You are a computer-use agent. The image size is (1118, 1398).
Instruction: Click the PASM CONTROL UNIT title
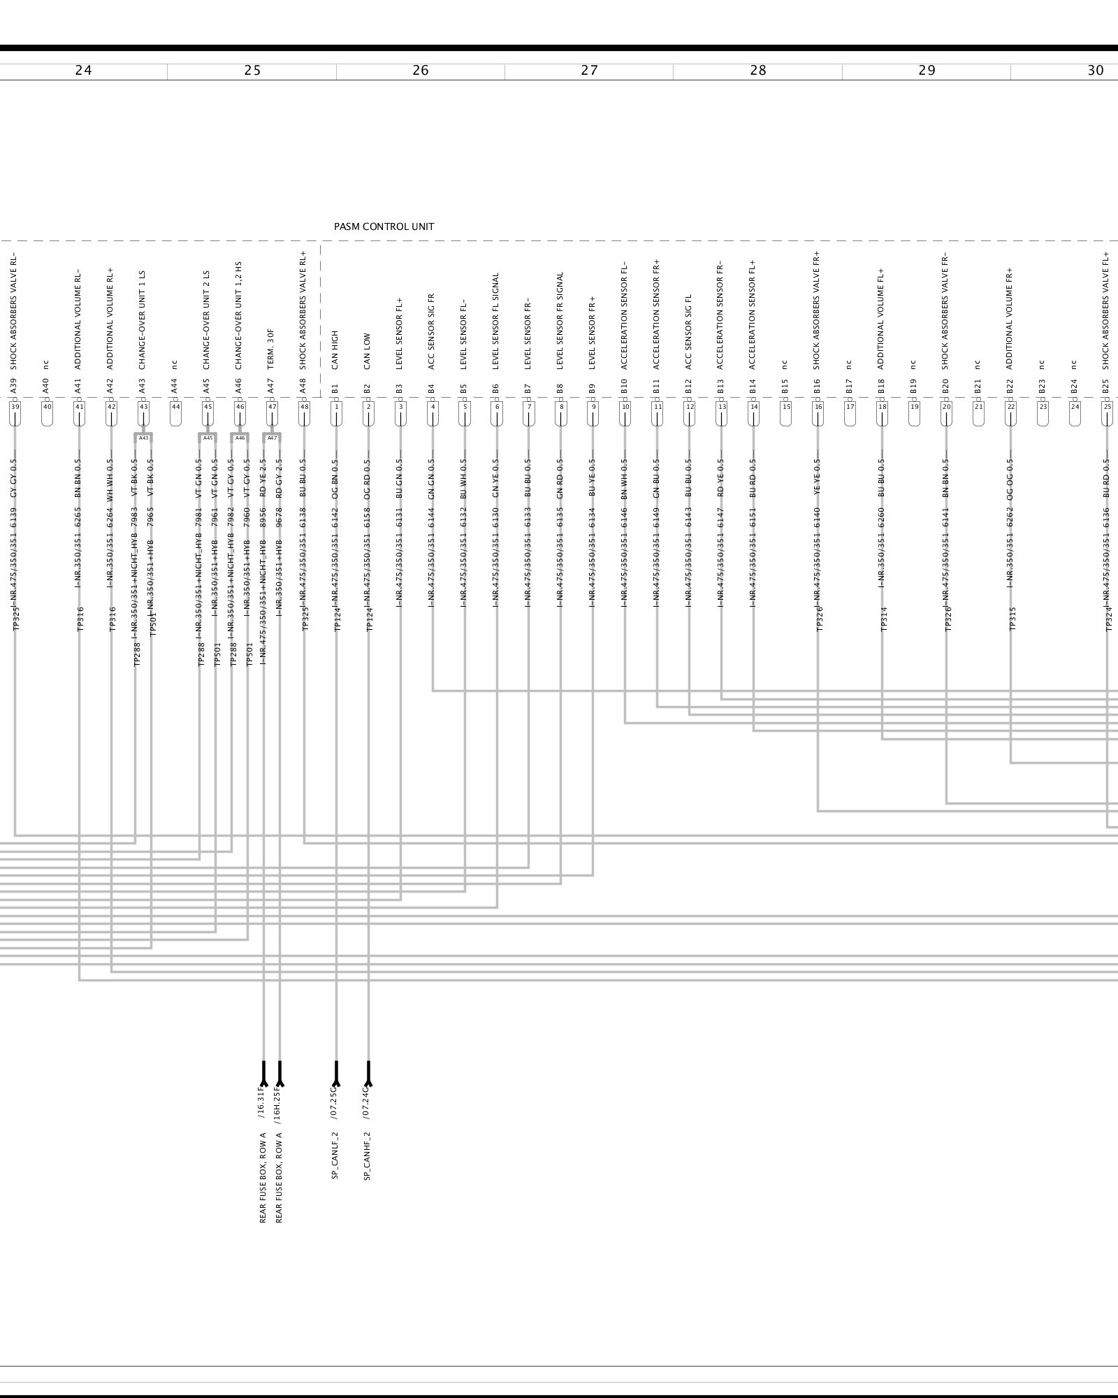pos(384,226)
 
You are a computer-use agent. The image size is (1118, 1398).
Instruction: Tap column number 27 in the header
pos(589,71)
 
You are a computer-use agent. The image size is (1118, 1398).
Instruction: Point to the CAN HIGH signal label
pos(335,349)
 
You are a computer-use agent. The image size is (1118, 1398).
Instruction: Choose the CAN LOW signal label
pos(368,351)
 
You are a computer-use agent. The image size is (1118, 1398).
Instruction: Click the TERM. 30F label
pos(271,349)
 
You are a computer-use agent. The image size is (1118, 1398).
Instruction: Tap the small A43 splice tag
pos(143,438)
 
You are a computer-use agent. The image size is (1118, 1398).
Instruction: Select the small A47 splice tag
pos(272,438)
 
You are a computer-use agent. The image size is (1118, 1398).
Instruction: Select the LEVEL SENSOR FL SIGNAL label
pos(496,321)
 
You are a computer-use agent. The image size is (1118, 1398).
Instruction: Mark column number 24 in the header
pos(83,71)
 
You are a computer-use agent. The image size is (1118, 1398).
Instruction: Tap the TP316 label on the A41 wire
pos(80,619)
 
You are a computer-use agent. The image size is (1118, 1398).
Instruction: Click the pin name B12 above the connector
pos(689,387)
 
